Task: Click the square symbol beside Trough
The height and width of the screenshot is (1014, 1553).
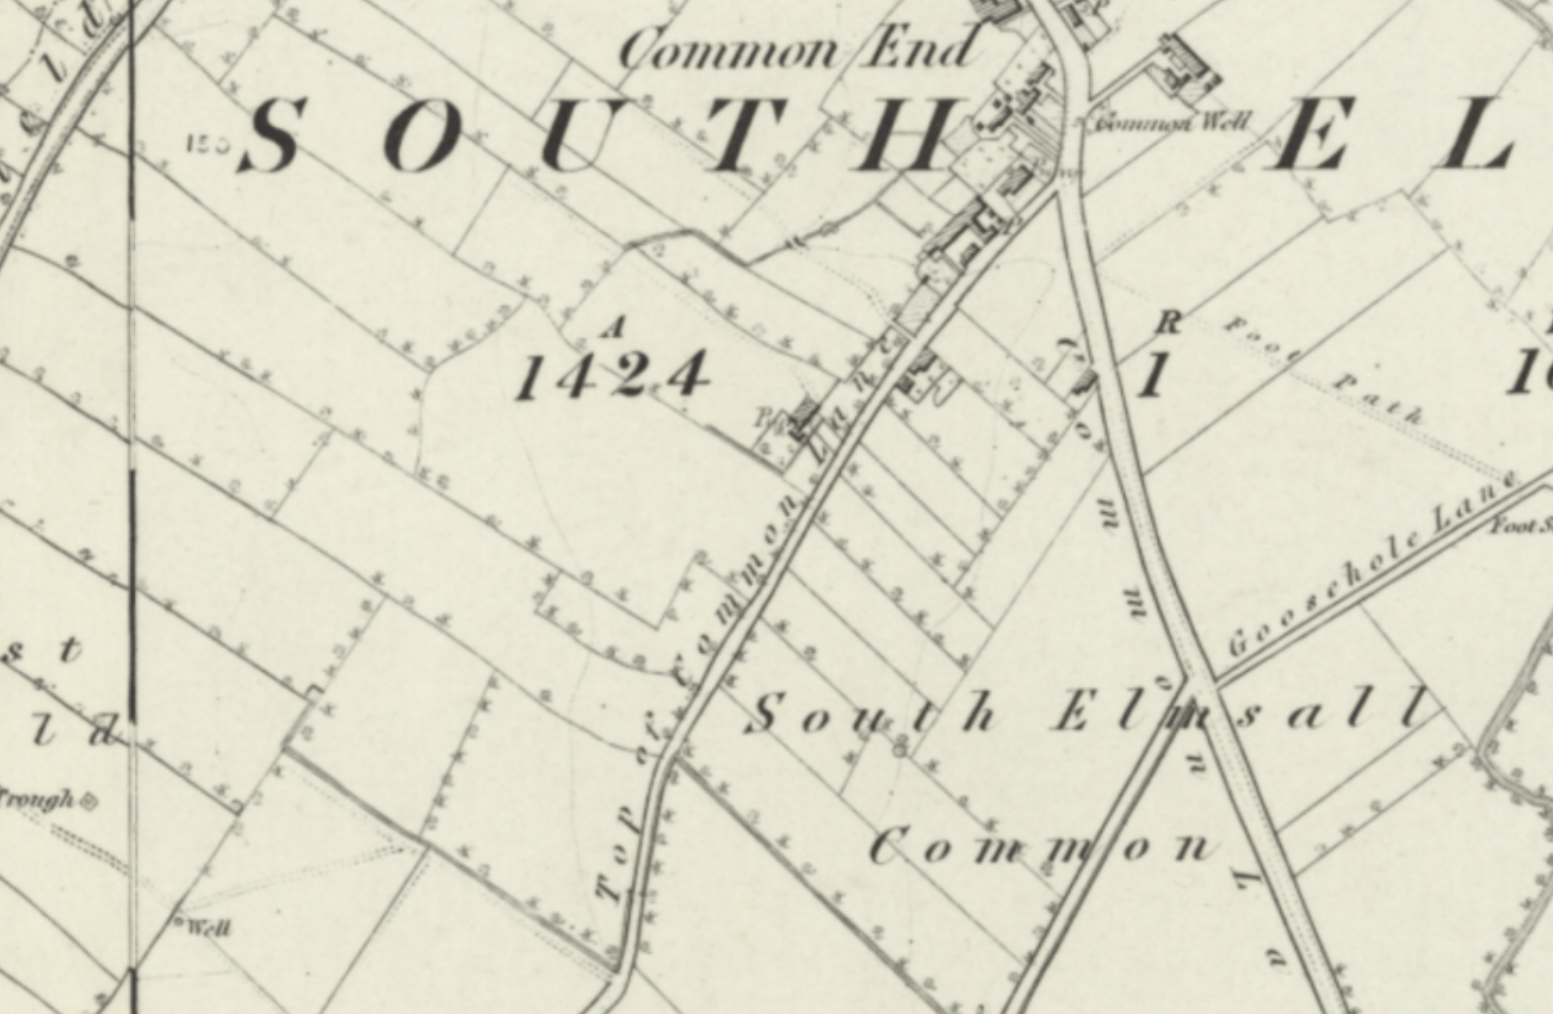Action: pos(87,802)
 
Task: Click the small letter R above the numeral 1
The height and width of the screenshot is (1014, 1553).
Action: pos(1168,322)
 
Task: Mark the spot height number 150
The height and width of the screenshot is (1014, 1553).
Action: pos(207,144)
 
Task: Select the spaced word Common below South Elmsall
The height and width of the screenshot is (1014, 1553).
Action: pos(1044,848)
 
